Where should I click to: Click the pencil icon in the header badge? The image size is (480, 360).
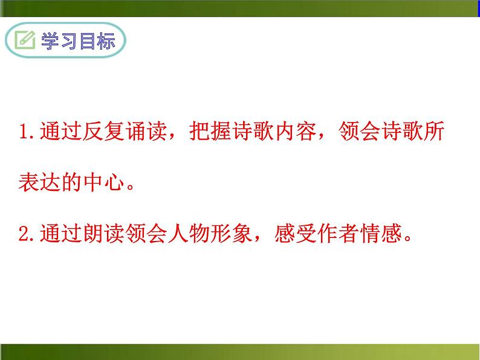tap(26, 41)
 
